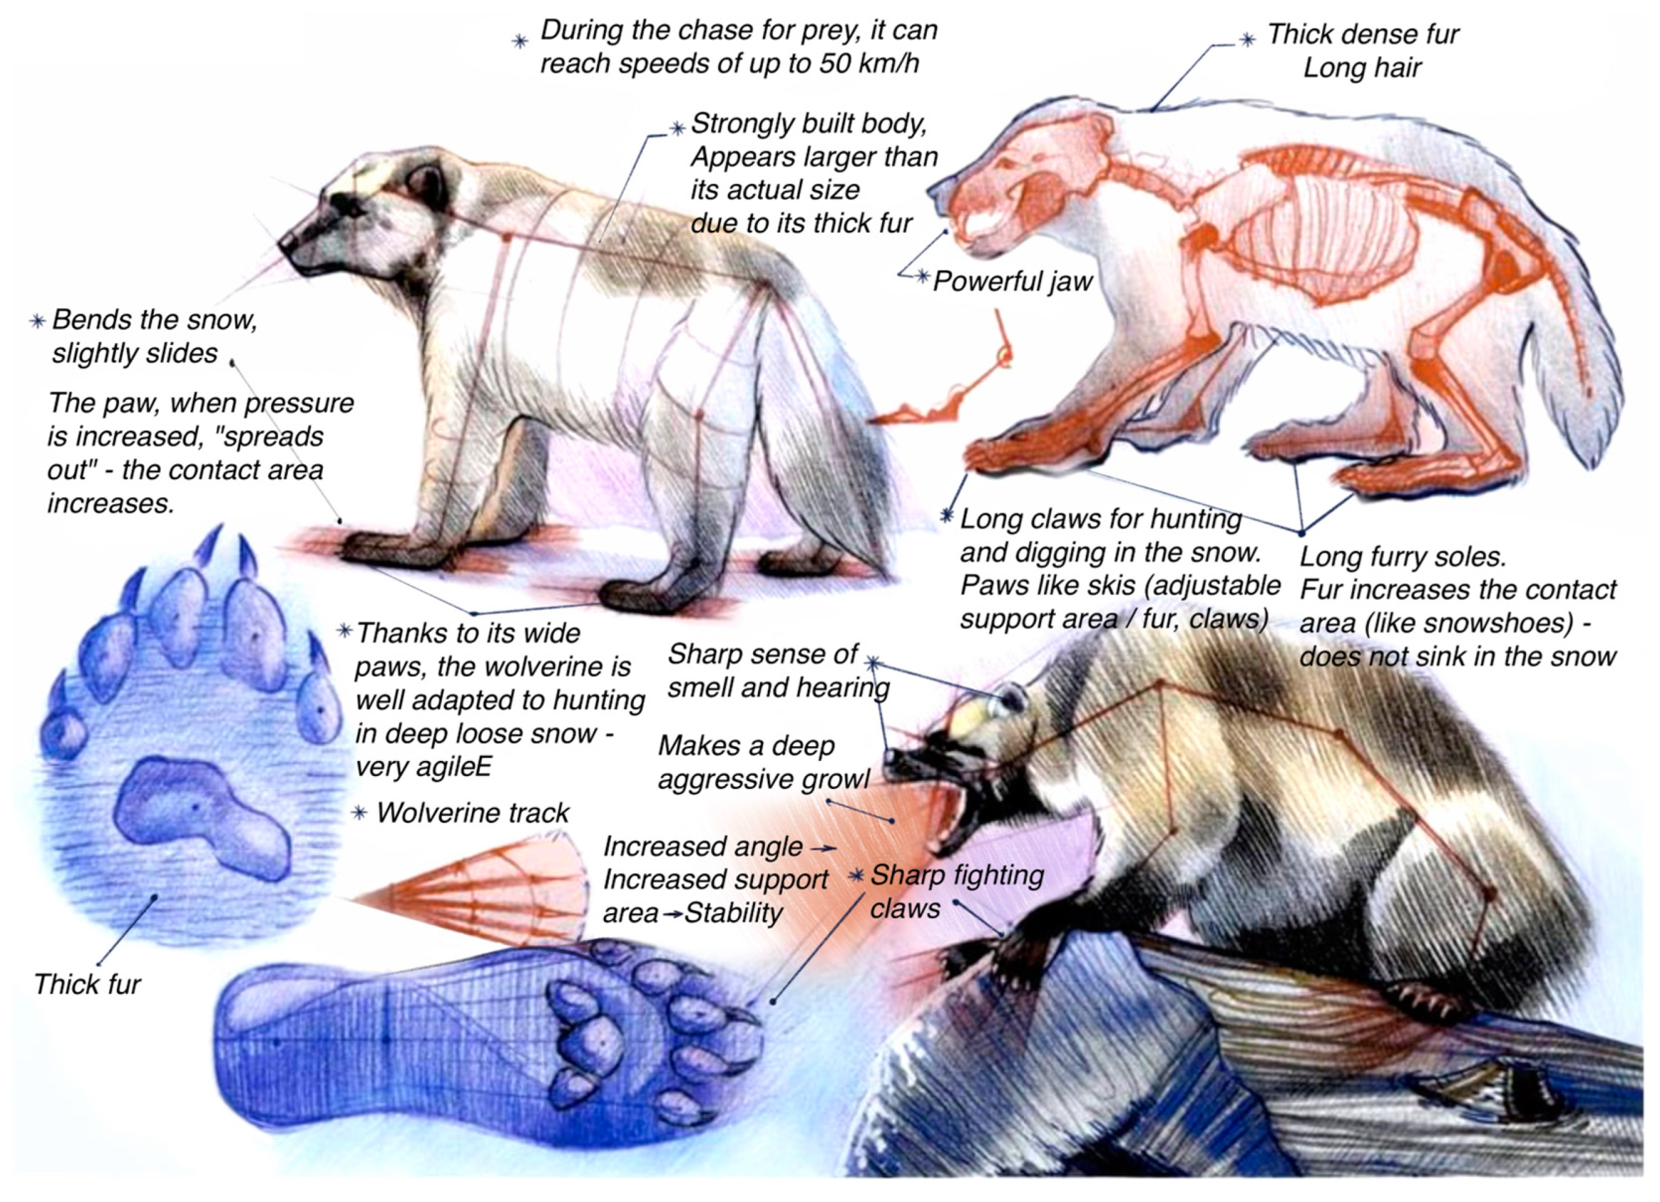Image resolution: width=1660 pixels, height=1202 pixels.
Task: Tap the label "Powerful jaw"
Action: [x=1013, y=281]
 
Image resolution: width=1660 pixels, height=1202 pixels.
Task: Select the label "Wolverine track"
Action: [x=473, y=812]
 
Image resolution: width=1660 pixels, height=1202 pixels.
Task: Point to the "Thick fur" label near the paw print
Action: [x=87, y=985]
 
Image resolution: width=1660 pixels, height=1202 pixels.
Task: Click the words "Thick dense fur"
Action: [x=1363, y=34]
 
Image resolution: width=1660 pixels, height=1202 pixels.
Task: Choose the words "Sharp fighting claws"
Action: [x=957, y=892]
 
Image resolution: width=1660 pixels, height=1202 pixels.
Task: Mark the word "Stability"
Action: [x=733, y=913]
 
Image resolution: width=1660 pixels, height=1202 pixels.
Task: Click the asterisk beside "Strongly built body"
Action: [x=678, y=128]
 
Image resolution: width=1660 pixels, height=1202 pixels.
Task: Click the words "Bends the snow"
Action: [x=155, y=320]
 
